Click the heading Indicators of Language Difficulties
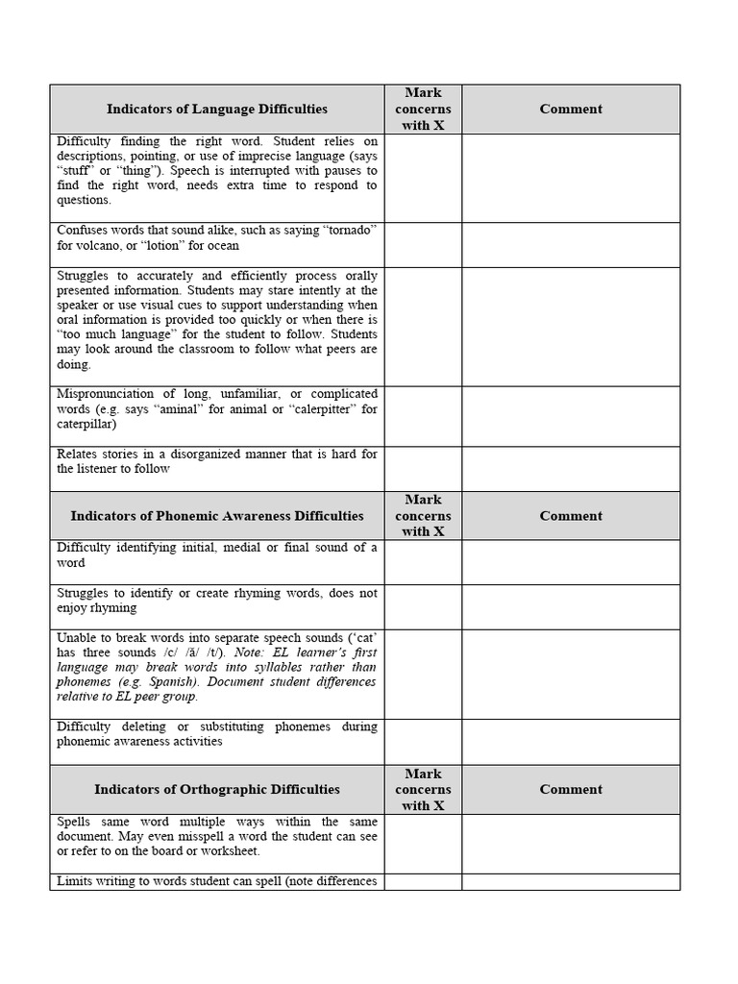click(216, 110)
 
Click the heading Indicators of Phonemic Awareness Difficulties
click(216, 516)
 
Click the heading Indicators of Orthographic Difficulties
click(216, 790)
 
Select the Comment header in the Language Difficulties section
click(571, 110)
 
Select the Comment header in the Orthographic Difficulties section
click(571, 790)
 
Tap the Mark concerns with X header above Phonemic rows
click(423, 516)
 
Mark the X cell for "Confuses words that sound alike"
click(423, 245)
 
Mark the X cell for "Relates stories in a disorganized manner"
click(423, 469)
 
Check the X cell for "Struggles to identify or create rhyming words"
click(423, 607)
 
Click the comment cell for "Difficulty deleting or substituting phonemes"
click(571, 741)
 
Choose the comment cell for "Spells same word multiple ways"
click(571, 844)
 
